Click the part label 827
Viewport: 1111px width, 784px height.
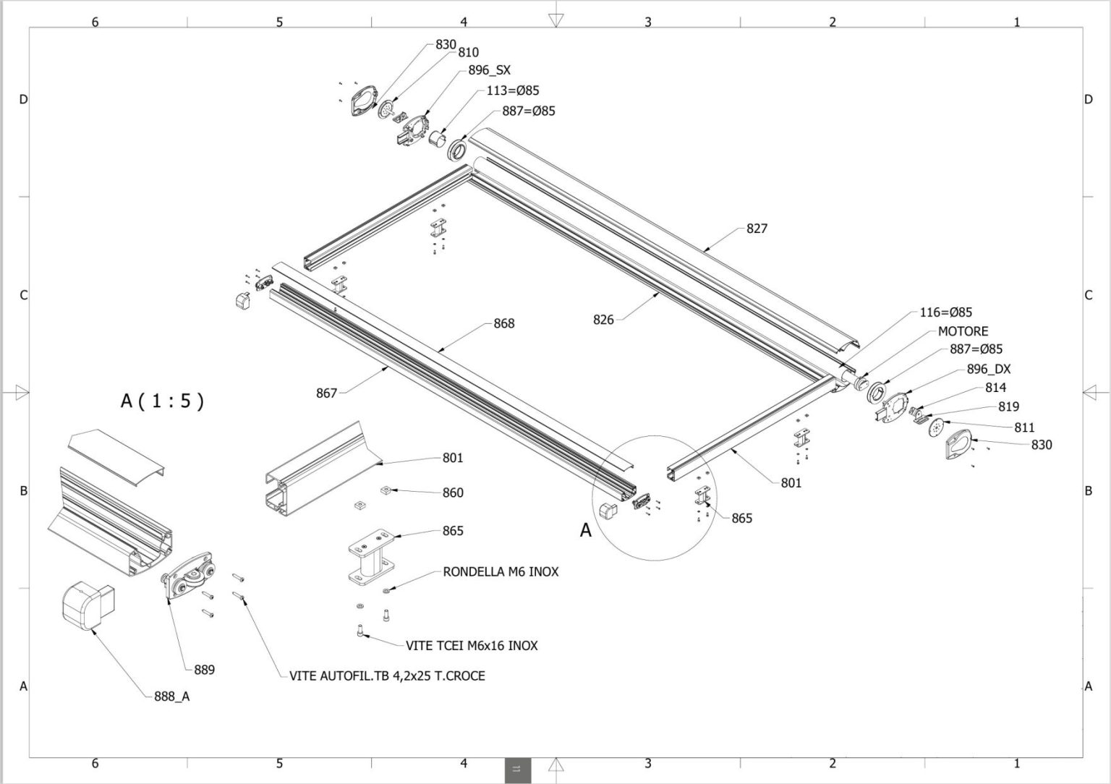click(757, 229)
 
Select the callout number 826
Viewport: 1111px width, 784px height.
click(603, 320)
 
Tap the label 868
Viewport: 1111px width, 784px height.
click(504, 323)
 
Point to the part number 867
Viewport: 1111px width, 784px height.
click(326, 393)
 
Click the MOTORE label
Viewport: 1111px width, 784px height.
click(963, 331)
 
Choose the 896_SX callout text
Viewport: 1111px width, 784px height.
click(489, 70)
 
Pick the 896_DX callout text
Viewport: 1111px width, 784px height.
click(989, 369)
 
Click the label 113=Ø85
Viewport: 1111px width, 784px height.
click(512, 90)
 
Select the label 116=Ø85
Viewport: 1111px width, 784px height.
click(946, 312)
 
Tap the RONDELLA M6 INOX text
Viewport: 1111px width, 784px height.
click(501, 571)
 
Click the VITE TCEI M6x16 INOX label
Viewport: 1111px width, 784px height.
click(472, 645)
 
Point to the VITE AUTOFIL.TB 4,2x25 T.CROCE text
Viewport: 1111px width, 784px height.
click(387, 676)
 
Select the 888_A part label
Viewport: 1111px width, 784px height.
click(171, 696)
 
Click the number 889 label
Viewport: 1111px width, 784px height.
click(204, 670)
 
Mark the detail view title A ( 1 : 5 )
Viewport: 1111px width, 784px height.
click(162, 401)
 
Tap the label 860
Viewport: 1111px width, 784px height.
click(453, 493)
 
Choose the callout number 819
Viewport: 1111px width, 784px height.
click(1008, 406)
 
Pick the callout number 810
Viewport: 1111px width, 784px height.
click(468, 52)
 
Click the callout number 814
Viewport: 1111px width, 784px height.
click(995, 388)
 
